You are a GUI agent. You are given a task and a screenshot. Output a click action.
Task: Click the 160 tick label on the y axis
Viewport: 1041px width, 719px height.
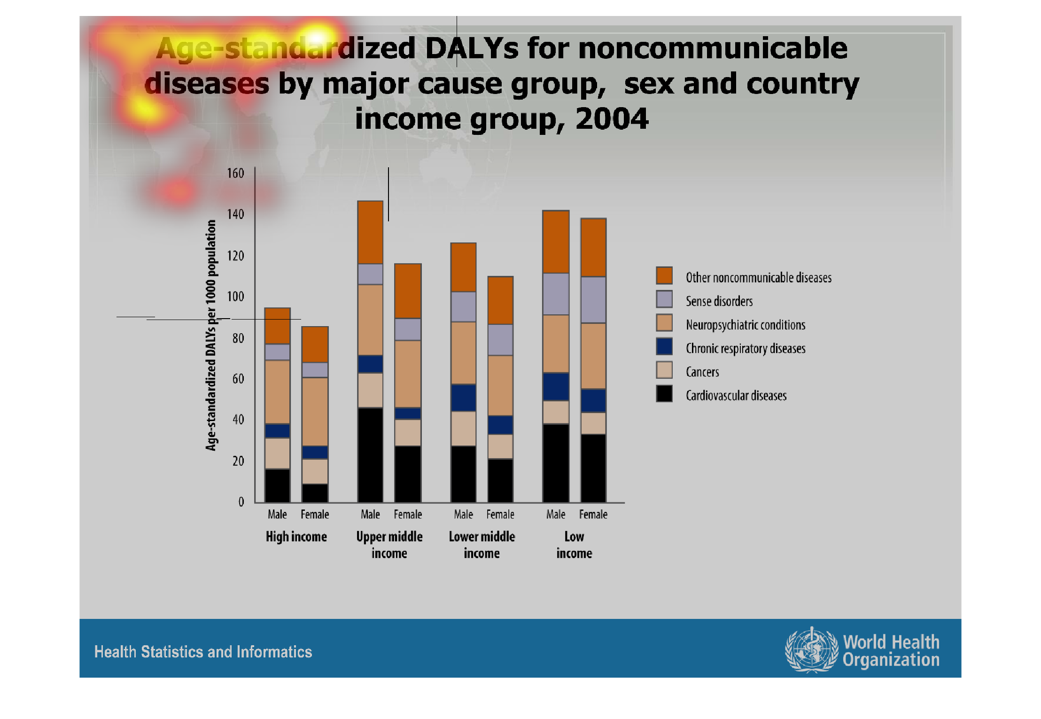235,173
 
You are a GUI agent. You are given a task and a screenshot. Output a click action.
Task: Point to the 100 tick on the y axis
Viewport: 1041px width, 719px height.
235,297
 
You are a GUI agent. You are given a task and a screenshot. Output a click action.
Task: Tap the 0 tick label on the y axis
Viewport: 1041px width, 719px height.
241,502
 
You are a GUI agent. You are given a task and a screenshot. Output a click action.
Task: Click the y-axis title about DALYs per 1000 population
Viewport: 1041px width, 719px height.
211,335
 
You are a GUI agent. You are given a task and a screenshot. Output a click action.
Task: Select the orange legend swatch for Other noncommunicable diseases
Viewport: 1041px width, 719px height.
664,276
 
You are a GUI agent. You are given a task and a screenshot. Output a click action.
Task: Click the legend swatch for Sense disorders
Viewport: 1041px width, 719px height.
664,299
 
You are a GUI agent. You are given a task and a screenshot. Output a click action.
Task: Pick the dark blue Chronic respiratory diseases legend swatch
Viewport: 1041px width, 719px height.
664,347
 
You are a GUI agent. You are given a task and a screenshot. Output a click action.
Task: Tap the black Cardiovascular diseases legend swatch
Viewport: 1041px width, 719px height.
664,394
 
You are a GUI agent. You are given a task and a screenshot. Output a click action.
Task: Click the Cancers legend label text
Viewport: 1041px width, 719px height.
702,372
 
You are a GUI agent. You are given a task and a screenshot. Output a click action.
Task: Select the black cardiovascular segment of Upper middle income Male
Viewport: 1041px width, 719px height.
370,454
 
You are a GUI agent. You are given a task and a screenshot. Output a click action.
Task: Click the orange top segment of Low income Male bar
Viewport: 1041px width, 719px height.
556,242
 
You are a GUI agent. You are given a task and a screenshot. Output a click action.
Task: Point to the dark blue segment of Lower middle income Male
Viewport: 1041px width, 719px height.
463,398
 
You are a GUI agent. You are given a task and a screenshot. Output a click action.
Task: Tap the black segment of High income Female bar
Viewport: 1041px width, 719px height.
315,493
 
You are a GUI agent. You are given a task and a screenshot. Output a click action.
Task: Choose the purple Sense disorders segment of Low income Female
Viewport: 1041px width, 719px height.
593,300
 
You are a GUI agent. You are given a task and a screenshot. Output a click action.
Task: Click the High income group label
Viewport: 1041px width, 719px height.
296,537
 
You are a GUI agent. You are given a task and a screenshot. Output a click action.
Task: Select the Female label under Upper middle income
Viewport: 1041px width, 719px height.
408,515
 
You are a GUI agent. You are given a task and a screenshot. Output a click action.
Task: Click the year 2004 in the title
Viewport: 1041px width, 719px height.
612,118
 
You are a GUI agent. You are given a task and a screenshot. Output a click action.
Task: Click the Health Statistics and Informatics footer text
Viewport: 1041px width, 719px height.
203,652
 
